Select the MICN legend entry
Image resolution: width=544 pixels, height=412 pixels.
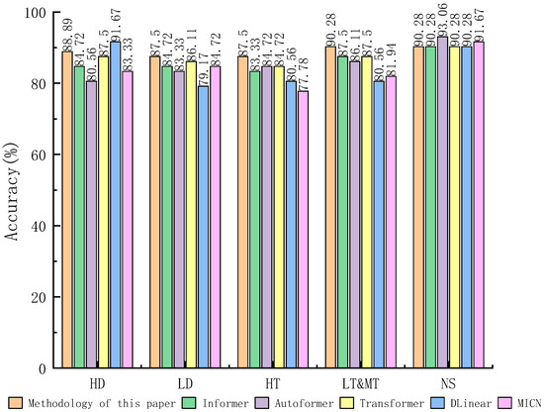click(x=524, y=403)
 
